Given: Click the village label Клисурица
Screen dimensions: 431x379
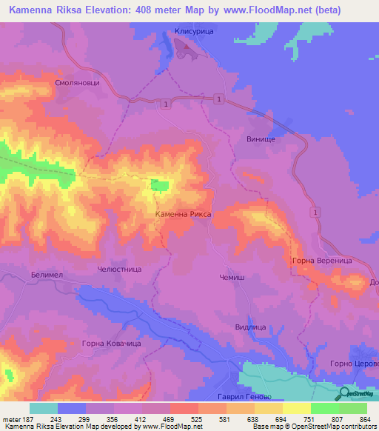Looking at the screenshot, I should click(194, 31).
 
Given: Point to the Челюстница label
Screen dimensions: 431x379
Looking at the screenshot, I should click(119, 270).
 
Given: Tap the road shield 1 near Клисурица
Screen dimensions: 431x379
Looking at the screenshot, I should click(218, 98).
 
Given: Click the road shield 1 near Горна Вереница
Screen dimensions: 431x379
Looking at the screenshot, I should click(315, 213).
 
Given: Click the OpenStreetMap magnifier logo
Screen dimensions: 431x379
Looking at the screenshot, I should click(343, 394).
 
